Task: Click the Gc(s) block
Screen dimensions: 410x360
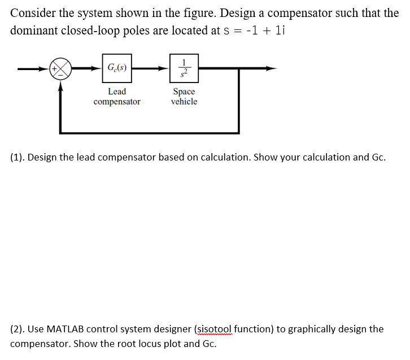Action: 117,68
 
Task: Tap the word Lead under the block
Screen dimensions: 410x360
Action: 117,92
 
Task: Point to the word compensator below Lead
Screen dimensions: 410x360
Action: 117,102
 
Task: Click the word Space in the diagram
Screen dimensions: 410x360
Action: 184,92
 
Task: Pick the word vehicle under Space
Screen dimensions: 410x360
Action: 184,102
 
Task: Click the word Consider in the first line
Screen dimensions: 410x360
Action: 33,13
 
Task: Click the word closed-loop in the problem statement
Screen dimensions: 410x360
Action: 98,30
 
